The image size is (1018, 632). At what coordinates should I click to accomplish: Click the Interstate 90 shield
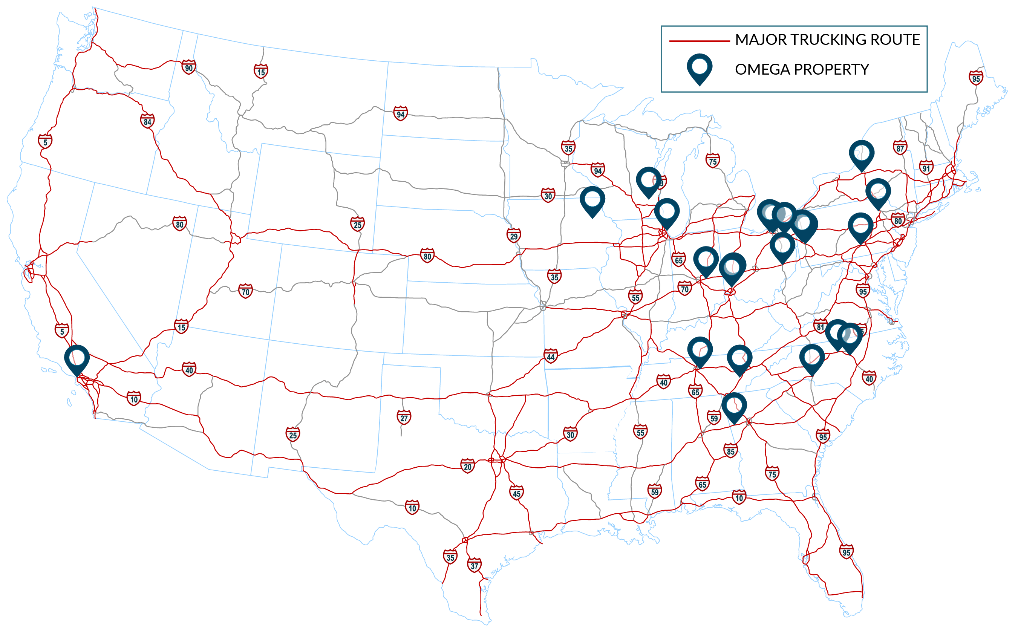tap(188, 68)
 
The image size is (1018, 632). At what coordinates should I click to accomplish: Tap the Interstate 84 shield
tap(147, 122)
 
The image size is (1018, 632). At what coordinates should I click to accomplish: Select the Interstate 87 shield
tap(900, 148)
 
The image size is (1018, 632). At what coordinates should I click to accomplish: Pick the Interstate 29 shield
tap(514, 236)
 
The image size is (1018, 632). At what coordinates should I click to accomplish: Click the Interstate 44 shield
tap(551, 357)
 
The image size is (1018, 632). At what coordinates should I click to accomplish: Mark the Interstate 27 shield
tap(404, 418)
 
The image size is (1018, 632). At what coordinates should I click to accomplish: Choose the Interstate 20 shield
tap(467, 467)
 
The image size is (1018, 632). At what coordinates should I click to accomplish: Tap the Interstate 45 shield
tap(516, 493)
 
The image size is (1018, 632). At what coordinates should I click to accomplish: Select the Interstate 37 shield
tap(474, 566)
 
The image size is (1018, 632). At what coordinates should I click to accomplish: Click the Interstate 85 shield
tap(730, 451)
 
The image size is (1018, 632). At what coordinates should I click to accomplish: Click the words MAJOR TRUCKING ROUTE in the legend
tap(827, 40)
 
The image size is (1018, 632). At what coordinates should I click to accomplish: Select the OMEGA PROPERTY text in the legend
tap(802, 69)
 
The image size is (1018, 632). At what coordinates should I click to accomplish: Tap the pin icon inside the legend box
tap(699, 68)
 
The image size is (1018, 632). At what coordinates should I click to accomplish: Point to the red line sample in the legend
tap(699, 41)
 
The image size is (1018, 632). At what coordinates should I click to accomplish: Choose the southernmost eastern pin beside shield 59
tap(734, 407)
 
